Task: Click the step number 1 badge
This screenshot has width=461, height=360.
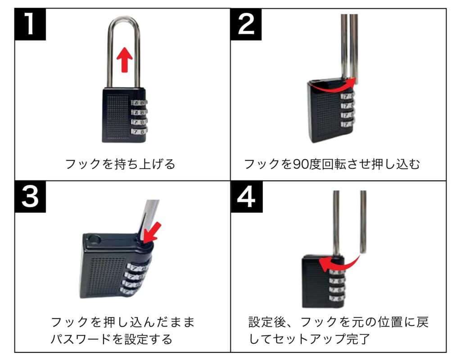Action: (30, 24)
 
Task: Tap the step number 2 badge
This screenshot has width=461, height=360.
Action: (246, 24)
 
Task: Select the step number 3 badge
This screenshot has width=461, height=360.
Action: (30, 196)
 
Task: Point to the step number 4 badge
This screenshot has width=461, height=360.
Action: (247, 196)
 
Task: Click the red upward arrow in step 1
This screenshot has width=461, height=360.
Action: (125, 60)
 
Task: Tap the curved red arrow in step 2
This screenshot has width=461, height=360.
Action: (333, 85)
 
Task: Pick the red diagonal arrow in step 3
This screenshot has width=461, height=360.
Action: (152, 232)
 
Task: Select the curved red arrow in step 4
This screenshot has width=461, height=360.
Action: (338, 263)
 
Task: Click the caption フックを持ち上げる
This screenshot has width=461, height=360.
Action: (120, 164)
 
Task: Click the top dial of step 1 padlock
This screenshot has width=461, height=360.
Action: (139, 103)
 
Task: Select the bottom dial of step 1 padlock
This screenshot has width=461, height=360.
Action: (139, 131)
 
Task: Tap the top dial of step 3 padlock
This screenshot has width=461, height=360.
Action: (139, 268)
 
